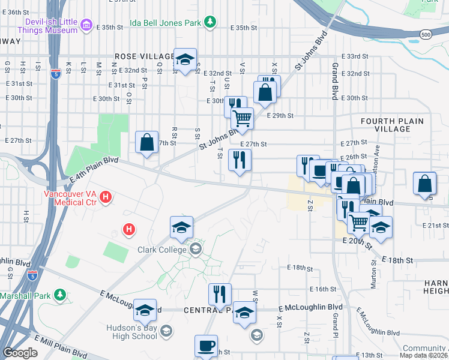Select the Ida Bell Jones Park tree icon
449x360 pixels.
[x=209, y=22]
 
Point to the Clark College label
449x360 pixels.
[x=163, y=250]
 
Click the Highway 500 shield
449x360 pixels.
[x=426, y=35]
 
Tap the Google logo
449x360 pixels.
[x=19, y=353]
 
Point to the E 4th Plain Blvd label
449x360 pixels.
[x=94, y=170]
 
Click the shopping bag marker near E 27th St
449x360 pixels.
[x=147, y=142]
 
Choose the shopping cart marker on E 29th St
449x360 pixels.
[x=242, y=118]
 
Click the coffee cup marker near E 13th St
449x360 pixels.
[x=206, y=346]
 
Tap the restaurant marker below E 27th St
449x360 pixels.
[x=240, y=160]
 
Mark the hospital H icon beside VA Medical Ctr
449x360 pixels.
[x=106, y=196]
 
